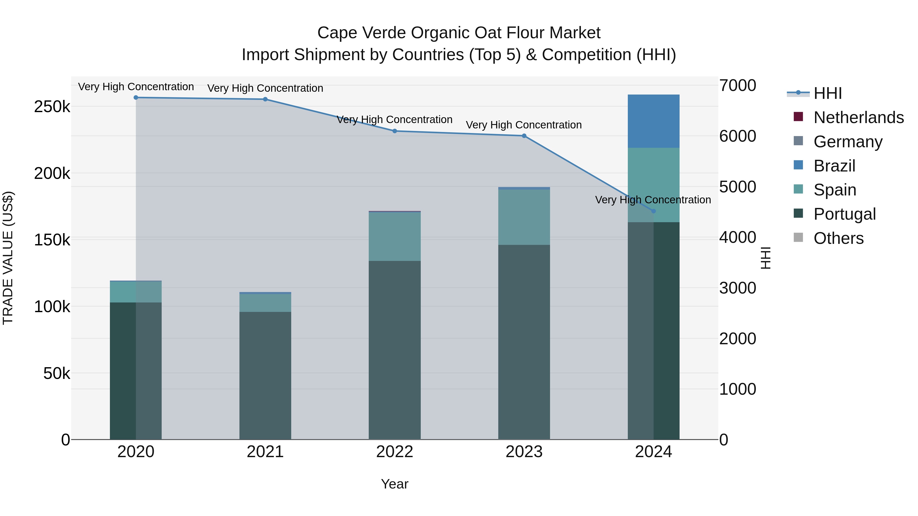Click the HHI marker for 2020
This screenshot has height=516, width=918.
point(136,98)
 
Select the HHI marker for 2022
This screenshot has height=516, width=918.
point(394,131)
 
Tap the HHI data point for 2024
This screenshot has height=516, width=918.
point(653,211)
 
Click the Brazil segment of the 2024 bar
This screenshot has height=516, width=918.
point(653,121)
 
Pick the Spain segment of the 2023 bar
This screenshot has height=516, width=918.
point(524,217)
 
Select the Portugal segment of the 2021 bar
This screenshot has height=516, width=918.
point(265,375)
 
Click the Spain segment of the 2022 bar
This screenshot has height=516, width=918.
point(394,236)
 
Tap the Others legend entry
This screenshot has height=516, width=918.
point(838,238)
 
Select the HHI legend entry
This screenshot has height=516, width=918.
point(827,93)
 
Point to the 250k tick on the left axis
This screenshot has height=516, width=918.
point(52,107)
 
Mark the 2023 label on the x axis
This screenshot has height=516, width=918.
point(524,452)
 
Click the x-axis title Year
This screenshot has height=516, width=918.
point(394,484)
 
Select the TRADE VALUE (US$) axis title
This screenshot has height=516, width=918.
point(8,258)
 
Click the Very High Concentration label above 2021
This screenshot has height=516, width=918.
point(265,88)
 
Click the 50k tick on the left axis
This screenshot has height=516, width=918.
point(57,373)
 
